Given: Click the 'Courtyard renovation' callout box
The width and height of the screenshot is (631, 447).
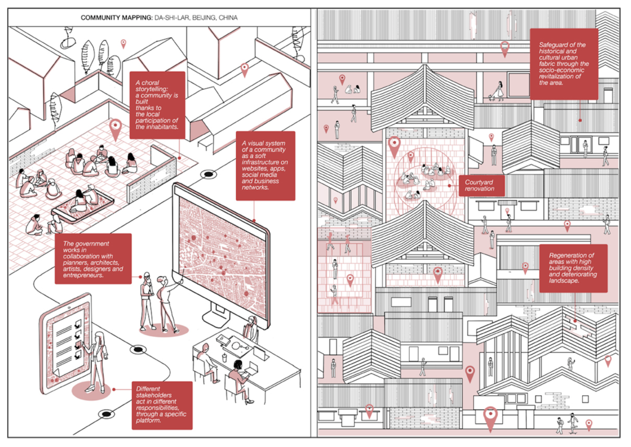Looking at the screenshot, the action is (482, 185).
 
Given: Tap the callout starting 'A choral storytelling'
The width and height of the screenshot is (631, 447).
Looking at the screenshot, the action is (157, 105).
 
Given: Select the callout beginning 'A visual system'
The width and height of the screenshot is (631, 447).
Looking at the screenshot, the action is (265, 166).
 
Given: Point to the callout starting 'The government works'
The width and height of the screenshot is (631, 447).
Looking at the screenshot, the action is (93, 259).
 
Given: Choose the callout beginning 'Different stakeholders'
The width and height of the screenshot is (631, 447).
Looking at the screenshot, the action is (162, 405).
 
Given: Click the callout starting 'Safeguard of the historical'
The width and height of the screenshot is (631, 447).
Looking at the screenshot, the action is (564, 64).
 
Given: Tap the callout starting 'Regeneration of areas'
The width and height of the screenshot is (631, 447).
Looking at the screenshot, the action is (573, 268).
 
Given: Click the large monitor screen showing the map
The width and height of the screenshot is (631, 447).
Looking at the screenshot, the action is (222, 258).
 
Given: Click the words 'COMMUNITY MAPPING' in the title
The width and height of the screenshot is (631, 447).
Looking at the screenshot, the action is (116, 18).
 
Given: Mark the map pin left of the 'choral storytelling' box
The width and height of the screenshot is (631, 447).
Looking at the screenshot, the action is (115, 129).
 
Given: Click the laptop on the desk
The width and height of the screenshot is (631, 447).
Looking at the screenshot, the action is (251, 368).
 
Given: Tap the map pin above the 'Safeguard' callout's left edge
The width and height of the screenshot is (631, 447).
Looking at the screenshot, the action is (505, 49).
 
